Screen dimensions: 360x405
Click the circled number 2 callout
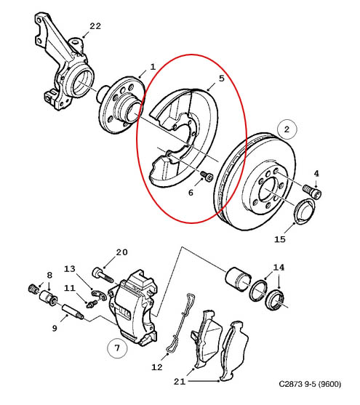[287, 129]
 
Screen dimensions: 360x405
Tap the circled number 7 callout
[117, 348]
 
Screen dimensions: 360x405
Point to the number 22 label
[95, 26]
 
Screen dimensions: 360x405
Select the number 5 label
[222, 79]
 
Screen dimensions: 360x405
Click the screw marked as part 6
[207, 176]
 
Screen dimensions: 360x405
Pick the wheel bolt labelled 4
[312, 191]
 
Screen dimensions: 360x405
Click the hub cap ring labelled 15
[305, 212]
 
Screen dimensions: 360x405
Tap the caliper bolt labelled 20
[103, 276]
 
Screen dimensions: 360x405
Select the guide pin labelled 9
[73, 312]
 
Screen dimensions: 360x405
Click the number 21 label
[180, 381]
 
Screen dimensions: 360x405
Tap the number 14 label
[279, 268]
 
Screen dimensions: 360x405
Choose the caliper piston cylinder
[238, 278]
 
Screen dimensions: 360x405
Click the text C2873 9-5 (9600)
[310, 384]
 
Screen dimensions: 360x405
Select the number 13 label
[70, 269]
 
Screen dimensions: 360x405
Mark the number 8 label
[49, 275]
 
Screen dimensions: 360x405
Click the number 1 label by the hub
[153, 67]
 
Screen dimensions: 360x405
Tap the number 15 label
[280, 239]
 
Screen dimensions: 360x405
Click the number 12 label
[157, 367]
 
